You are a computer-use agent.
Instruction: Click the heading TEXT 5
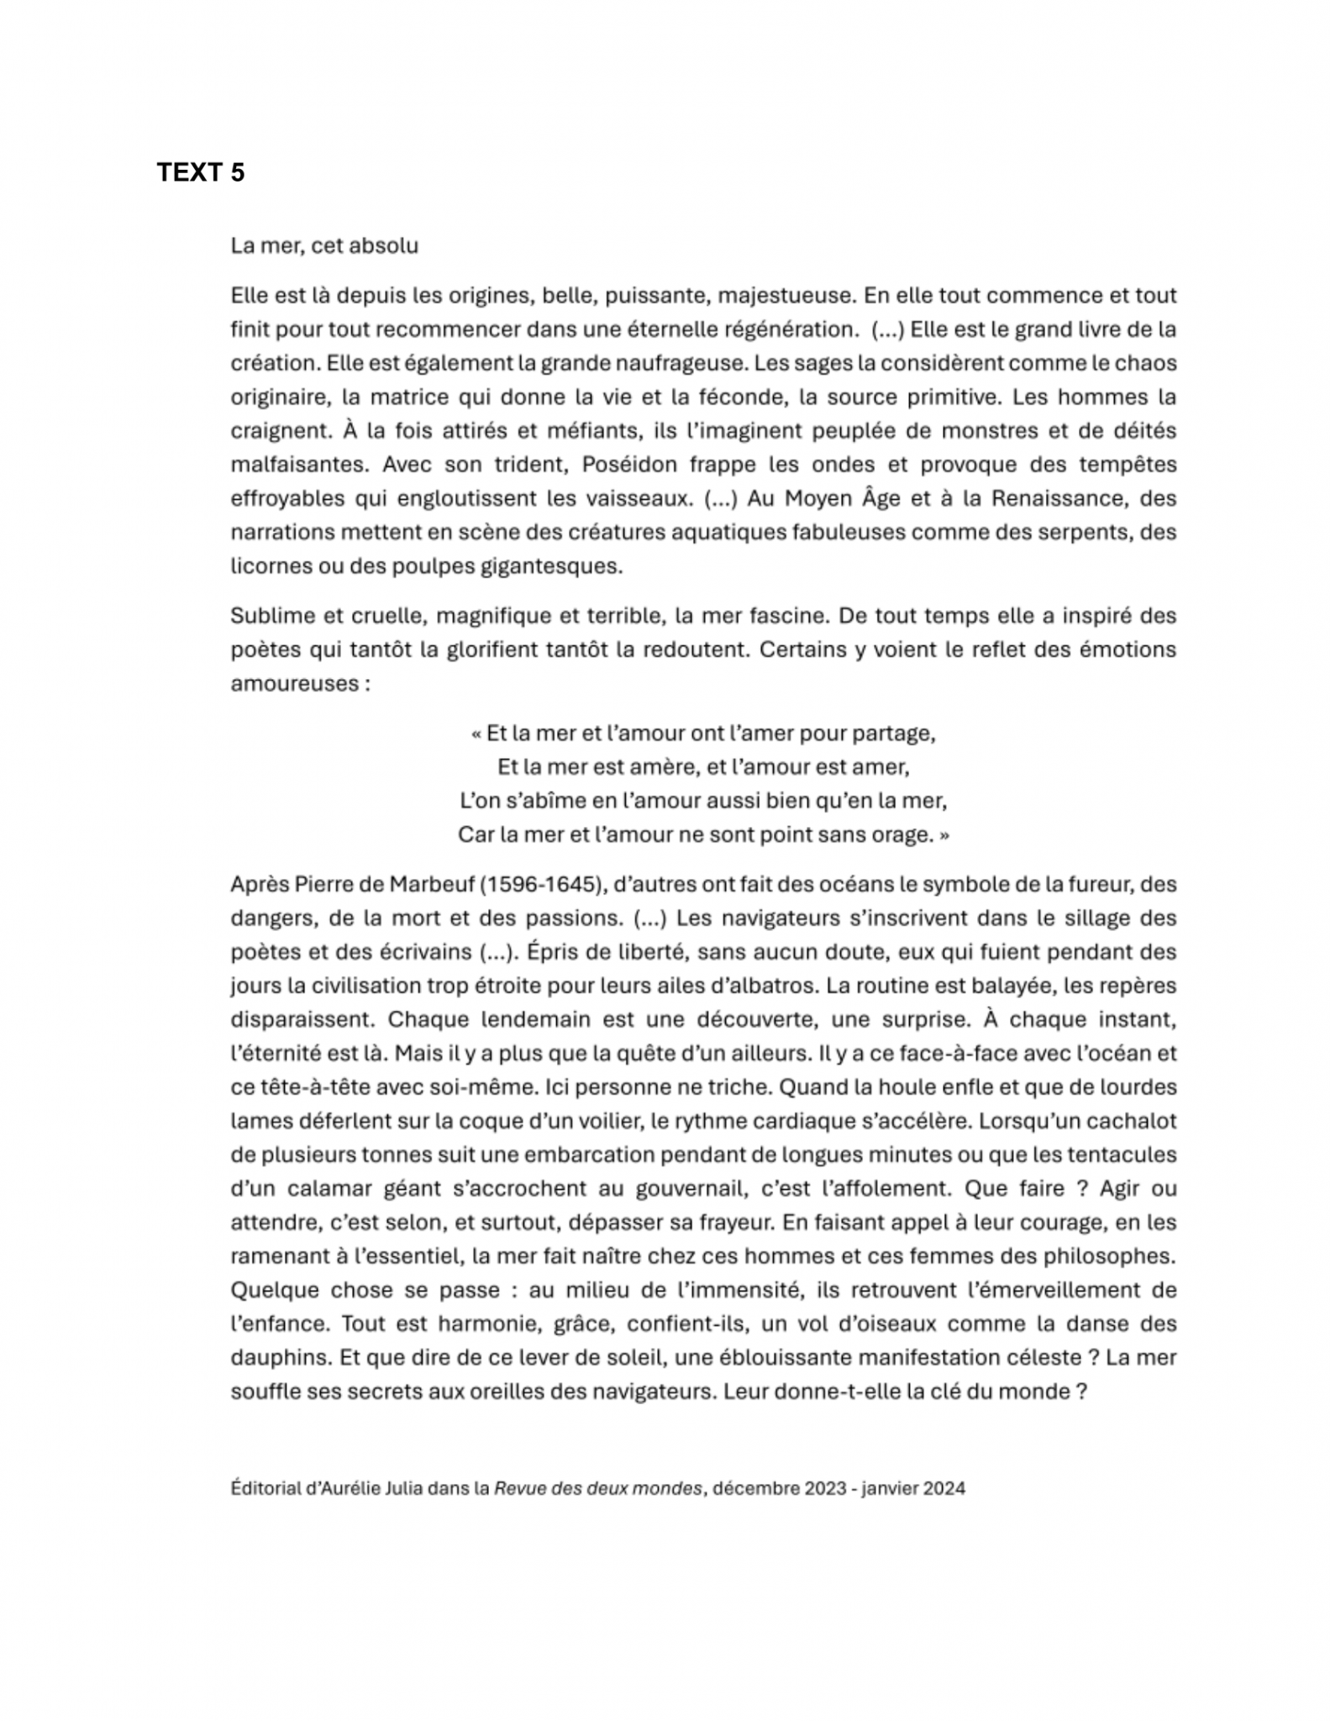[200, 172]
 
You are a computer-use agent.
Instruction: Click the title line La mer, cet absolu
[324, 246]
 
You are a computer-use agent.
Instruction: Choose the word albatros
[718, 986]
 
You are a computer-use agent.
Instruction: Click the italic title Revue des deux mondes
[598, 1489]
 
